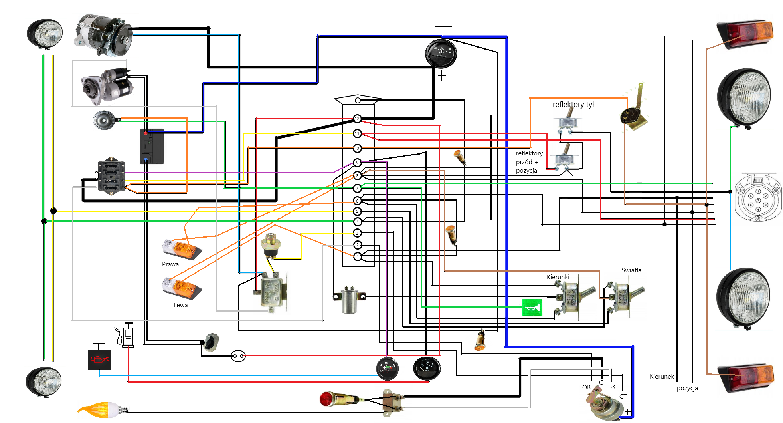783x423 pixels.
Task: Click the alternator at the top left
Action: [103, 35]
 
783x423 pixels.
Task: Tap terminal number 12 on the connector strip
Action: [357, 119]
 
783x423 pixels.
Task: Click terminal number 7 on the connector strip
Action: [357, 188]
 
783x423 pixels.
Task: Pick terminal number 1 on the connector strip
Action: [358, 256]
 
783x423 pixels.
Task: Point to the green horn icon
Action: [532, 308]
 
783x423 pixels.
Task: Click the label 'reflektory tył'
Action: [573, 105]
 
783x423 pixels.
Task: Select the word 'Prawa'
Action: [170, 264]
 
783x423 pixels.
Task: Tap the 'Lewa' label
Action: [180, 305]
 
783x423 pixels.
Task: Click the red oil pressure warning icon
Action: [99, 359]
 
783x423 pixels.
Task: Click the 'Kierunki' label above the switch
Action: [558, 277]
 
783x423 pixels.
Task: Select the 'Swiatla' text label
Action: [631, 270]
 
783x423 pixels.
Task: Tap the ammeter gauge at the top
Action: [441, 54]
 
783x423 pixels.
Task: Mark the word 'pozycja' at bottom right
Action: [687, 388]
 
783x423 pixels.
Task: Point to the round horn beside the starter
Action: [104, 120]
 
